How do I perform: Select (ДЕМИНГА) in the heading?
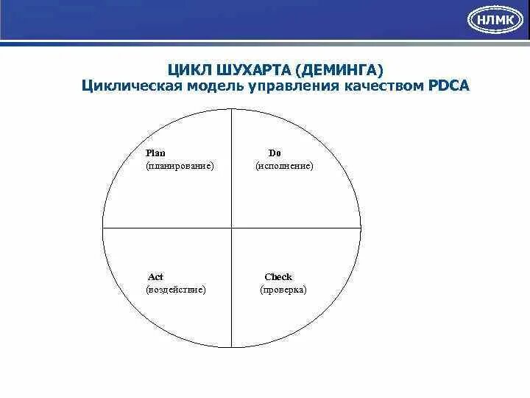[x=339, y=71]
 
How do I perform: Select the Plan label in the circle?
[x=155, y=153]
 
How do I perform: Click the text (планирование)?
[x=180, y=167]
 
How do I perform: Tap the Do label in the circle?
[x=274, y=153]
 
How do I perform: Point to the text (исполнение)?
[x=284, y=167]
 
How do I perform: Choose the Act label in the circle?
[x=155, y=277]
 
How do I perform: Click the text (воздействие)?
[x=176, y=290]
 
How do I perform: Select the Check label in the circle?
[x=278, y=277]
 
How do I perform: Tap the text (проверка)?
[x=283, y=290]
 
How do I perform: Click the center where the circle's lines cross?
[x=232, y=228]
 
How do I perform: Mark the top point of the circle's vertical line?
[x=232, y=109]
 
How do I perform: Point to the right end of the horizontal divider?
[x=361, y=228]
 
